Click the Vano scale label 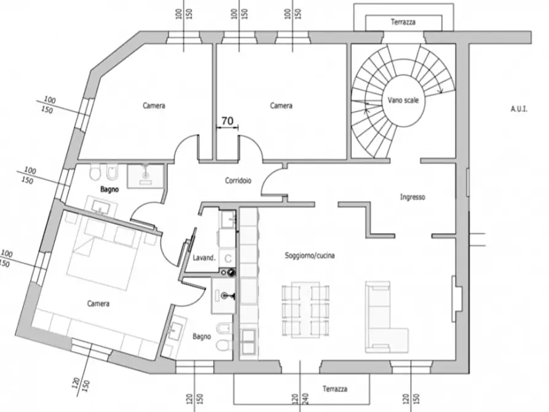tap(403, 100)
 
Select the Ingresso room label tap(413, 197)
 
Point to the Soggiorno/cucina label tap(309, 255)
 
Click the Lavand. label tap(204, 258)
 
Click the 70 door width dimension tap(227, 122)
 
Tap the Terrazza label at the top tap(403, 22)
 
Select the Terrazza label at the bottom tap(335, 389)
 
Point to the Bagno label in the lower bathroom tap(202, 336)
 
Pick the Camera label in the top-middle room tap(281, 106)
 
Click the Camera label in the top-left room tap(154, 106)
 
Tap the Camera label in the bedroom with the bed tap(98, 304)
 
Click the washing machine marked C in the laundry tap(227, 258)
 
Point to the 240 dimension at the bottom tap(306, 401)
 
